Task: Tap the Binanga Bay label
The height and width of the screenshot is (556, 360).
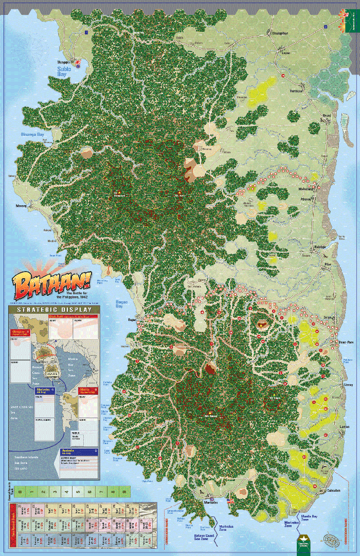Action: click(31, 135)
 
